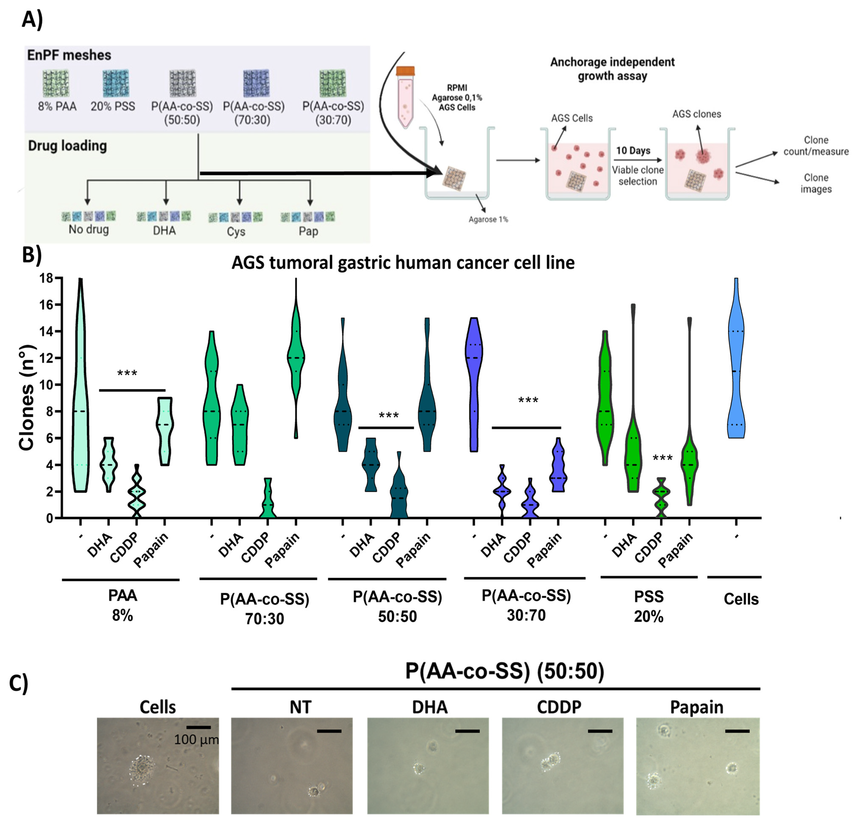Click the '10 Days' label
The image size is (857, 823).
pyautogui.click(x=633, y=151)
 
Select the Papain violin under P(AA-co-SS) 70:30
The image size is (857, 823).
pyautogui.click(x=296, y=359)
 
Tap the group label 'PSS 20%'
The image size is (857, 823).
pyautogui.click(x=649, y=606)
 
